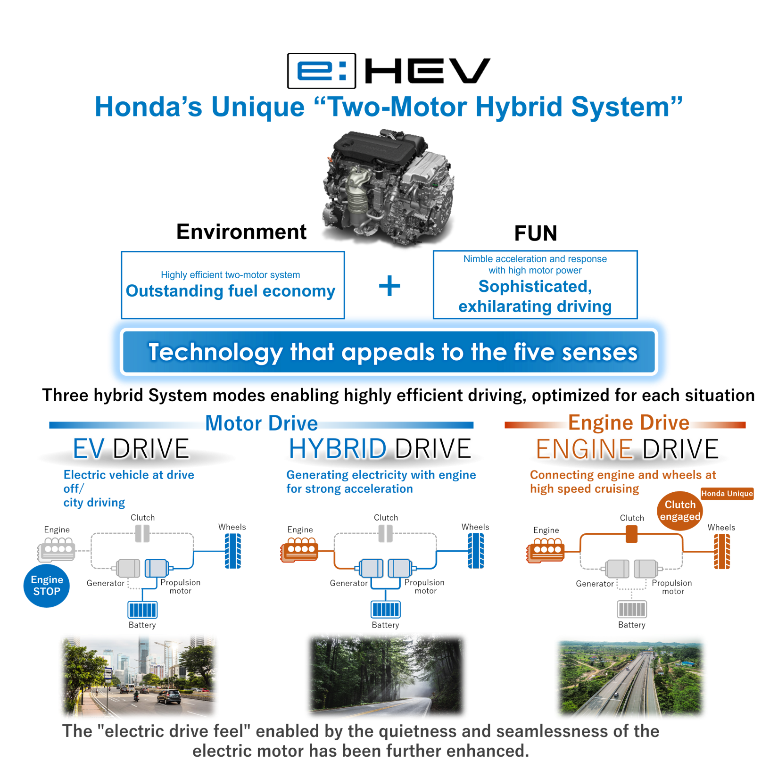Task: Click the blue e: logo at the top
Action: pyautogui.click(x=321, y=71)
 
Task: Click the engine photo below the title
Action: pyautogui.click(x=388, y=186)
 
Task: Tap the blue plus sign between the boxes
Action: pyautogui.click(x=389, y=286)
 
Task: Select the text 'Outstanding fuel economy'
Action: pyautogui.click(x=231, y=291)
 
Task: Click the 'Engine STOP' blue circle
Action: pyautogui.click(x=47, y=586)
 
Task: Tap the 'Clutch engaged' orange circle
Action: pyautogui.click(x=679, y=511)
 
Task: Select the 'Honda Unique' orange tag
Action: pyautogui.click(x=727, y=494)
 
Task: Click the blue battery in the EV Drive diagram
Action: pyautogui.click(x=142, y=610)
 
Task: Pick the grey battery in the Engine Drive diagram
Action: pyautogui.click(x=632, y=609)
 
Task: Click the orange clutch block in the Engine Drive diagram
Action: pyautogui.click(x=631, y=534)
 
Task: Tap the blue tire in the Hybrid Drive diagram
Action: pyautogui.click(x=476, y=551)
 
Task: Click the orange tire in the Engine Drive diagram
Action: pyautogui.click(x=722, y=551)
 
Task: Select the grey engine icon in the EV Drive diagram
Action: pyautogui.click(x=57, y=549)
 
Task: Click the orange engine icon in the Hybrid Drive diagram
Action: pyautogui.click(x=300, y=549)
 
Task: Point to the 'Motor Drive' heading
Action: pyautogui.click(x=261, y=423)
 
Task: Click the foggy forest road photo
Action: pyautogui.click(x=387, y=676)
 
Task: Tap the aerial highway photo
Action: pyautogui.click(x=630, y=676)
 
